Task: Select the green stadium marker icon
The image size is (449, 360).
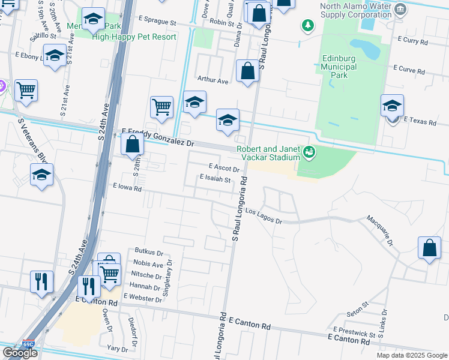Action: (x=309, y=152)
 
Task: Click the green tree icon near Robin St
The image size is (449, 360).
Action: (x=307, y=25)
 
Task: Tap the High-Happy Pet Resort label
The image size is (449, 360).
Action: (x=134, y=37)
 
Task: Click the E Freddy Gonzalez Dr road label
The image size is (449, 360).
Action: (x=158, y=137)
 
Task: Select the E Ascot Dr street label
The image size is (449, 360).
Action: (x=224, y=168)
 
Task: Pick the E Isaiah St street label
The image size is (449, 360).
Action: (x=215, y=179)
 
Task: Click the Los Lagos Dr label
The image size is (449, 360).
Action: (x=264, y=217)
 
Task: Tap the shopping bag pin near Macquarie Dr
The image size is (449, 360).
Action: (x=430, y=248)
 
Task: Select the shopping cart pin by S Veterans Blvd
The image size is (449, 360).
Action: (x=26, y=91)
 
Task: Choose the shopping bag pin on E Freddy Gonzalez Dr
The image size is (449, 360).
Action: (x=133, y=145)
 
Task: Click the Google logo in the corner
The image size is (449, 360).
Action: (x=20, y=353)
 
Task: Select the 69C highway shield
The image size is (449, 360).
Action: (x=28, y=345)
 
